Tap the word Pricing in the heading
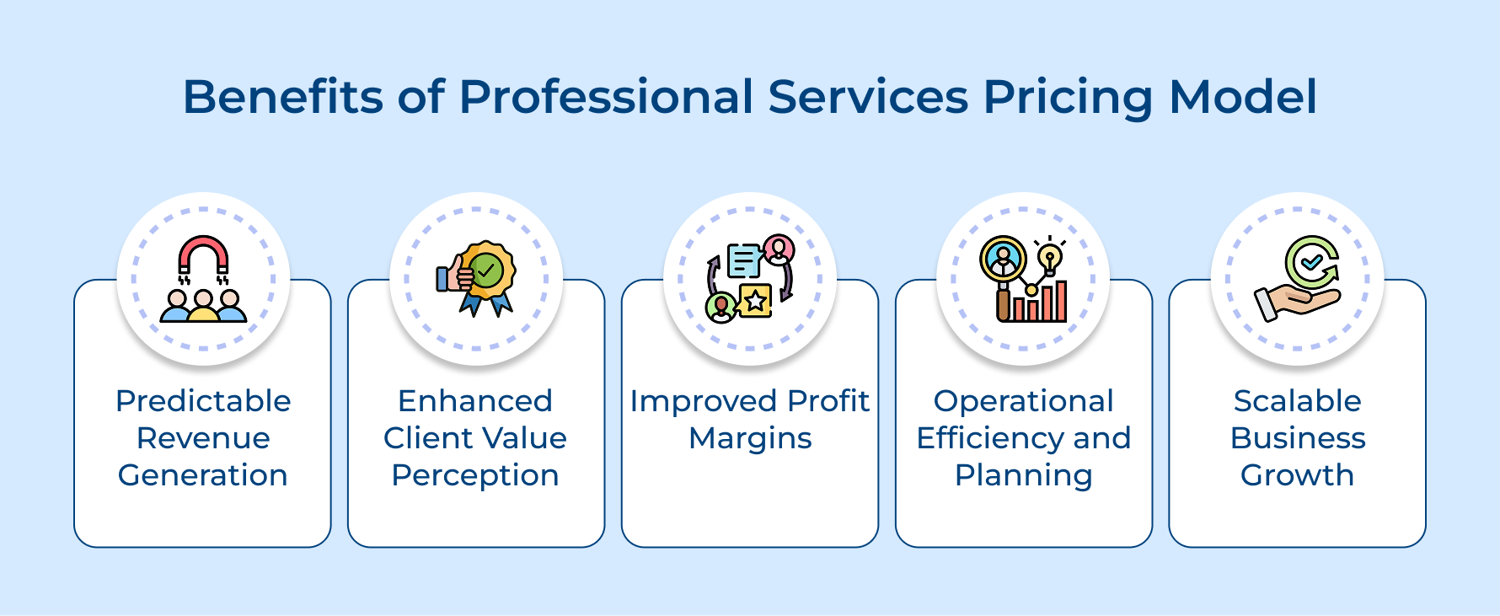click(1068, 98)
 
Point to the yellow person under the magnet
click(203, 308)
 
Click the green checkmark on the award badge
click(486, 271)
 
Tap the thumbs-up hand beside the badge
click(453, 277)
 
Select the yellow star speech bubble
click(754, 300)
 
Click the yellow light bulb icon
click(1049, 257)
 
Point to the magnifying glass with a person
click(1003, 261)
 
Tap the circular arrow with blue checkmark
click(1312, 262)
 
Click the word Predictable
click(203, 401)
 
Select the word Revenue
click(203, 438)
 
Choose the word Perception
click(475, 476)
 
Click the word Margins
click(750, 438)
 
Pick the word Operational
click(1023, 401)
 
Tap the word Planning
click(1023, 476)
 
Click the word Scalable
click(1297, 401)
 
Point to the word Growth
click(1297, 475)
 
